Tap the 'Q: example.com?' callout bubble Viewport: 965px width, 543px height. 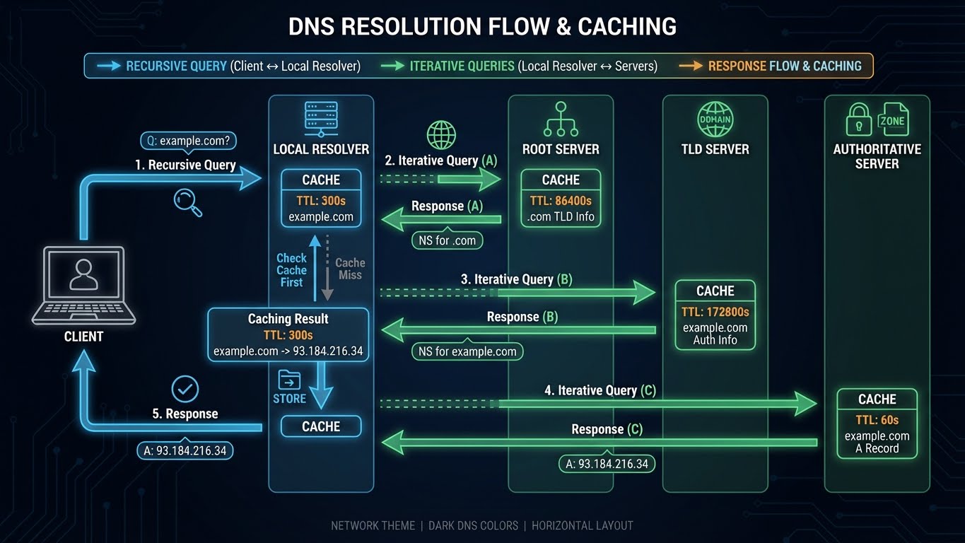point(187,141)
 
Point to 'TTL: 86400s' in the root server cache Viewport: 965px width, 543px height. point(561,201)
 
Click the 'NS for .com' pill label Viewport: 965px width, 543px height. point(447,240)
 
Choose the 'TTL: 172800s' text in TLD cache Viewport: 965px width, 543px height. point(715,312)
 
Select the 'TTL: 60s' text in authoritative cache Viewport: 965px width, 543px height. point(877,419)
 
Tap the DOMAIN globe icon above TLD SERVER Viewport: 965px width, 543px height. point(715,119)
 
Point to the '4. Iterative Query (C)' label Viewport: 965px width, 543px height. point(600,390)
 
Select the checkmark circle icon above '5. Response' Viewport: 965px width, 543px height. point(185,388)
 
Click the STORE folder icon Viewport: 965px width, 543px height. point(289,380)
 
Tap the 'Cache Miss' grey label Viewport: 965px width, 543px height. point(350,269)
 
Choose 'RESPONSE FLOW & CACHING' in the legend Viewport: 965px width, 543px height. point(785,66)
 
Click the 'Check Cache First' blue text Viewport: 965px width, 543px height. point(291,270)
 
